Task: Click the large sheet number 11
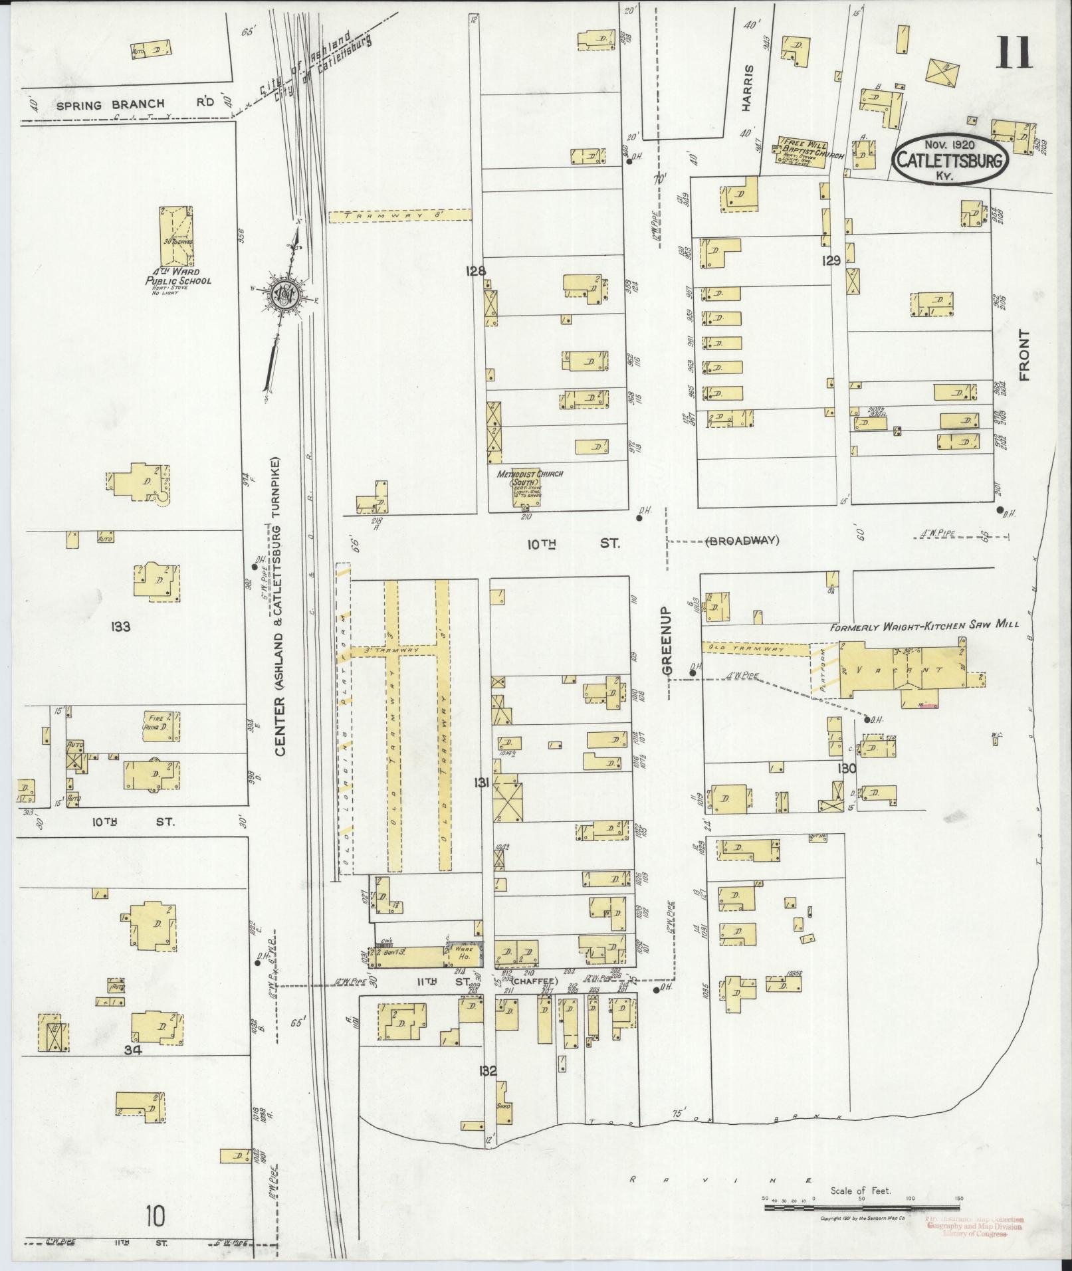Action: pyautogui.click(x=1013, y=52)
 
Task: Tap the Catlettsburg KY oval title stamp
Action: pyautogui.click(x=951, y=159)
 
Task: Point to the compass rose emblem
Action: pyautogui.click(x=286, y=293)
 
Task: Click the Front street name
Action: pyautogui.click(x=1023, y=355)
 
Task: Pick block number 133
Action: pyautogui.click(x=122, y=625)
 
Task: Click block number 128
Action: pyautogui.click(x=477, y=270)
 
